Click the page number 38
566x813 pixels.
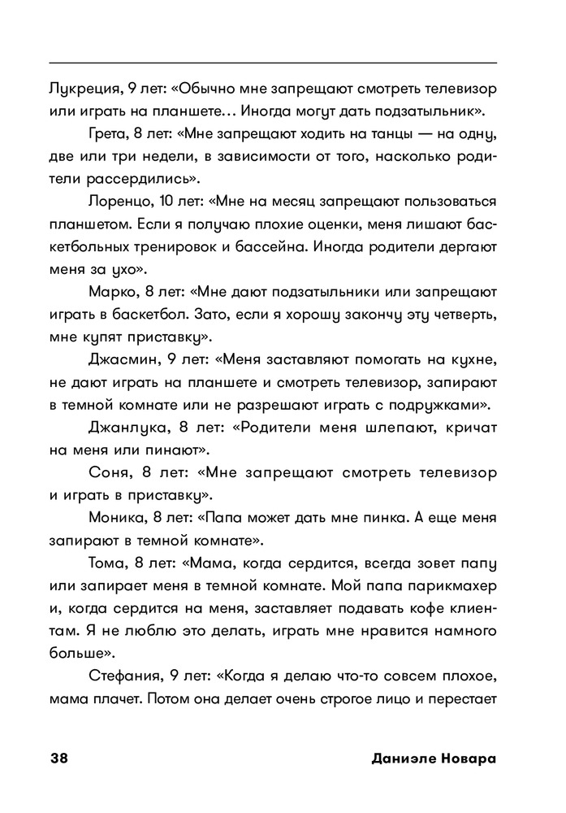point(59,759)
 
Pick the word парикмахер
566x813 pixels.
point(451,585)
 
